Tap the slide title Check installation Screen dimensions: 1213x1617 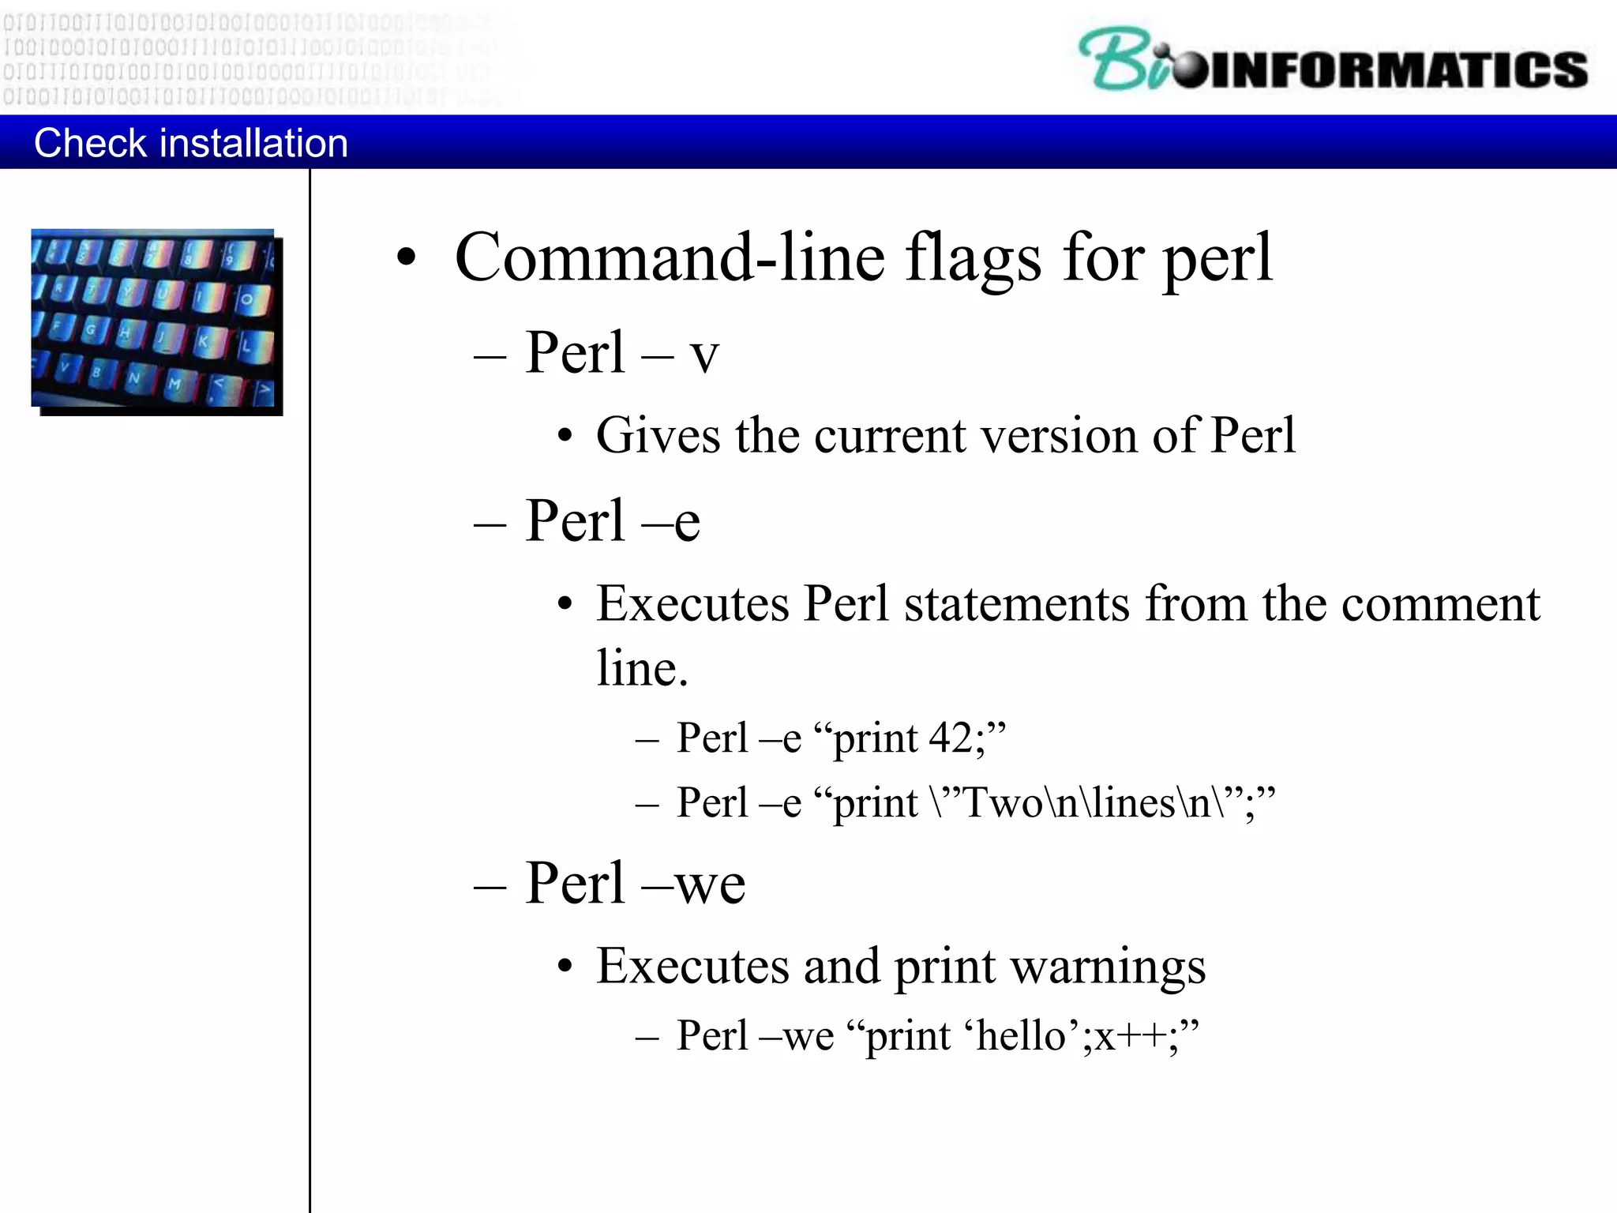190,143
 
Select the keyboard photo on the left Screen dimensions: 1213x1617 156,321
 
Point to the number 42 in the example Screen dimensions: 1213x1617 951,738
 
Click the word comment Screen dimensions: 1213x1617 1440,604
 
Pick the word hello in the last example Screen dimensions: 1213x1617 1022,1035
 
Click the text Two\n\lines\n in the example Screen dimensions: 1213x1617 1088,803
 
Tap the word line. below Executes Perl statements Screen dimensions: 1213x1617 642,668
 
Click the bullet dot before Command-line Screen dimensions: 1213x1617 406,258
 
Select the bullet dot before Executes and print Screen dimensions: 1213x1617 564,967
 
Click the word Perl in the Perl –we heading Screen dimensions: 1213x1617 575,882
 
